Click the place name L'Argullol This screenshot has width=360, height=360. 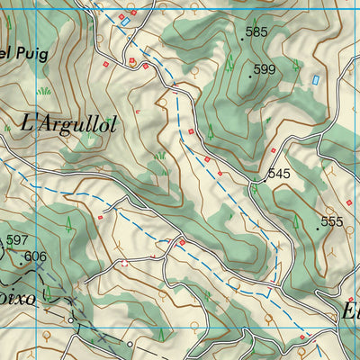click(x=67, y=122)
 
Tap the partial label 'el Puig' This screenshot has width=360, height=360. click(x=18, y=53)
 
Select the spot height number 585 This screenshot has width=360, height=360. click(x=257, y=32)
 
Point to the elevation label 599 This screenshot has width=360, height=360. click(x=265, y=69)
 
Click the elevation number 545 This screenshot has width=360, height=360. click(x=279, y=174)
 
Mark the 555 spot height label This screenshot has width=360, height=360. click(x=332, y=221)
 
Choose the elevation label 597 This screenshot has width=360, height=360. click(x=17, y=239)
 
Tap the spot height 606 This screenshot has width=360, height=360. click(x=35, y=256)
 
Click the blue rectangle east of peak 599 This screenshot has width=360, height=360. click(x=316, y=80)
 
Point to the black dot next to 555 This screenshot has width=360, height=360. click(x=318, y=229)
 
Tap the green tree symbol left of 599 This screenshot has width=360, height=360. click(x=229, y=63)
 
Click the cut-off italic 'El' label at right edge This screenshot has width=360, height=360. click(x=350, y=312)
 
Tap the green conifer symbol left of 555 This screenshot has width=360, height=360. click(x=295, y=216)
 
